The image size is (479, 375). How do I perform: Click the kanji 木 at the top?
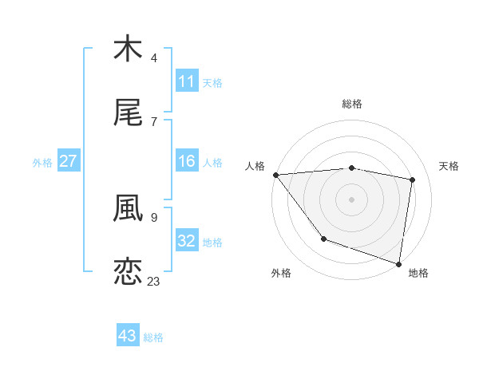(x=128, y=49)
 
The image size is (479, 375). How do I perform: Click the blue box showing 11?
(x=186, y=81)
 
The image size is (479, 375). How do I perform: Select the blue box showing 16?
(x=186, y=162)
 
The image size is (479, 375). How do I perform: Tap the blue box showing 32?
(x=186, y=241)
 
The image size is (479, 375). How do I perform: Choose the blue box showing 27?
(x=68, y=162)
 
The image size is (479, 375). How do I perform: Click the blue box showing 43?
(x=127, y=336)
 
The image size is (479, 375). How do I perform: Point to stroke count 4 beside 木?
(x=154, y=58)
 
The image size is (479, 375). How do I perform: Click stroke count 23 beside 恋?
(x=153, y=281)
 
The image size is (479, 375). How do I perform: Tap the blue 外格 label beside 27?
(x=42, y=163)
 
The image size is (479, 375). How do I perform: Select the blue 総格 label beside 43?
(x=153, y=337)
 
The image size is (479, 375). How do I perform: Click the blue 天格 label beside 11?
(x=212, y=82)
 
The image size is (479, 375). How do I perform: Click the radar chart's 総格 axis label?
(x=351, y=104)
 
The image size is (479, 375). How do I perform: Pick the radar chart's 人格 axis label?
(x=255, y=166)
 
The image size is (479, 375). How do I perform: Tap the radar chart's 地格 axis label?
(x=418, y=273)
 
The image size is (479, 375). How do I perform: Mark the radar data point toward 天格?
(x=413, y=180)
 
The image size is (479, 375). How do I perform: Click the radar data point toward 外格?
(x=323, y=239)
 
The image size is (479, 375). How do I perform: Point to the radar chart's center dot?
(x=351, y=199)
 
